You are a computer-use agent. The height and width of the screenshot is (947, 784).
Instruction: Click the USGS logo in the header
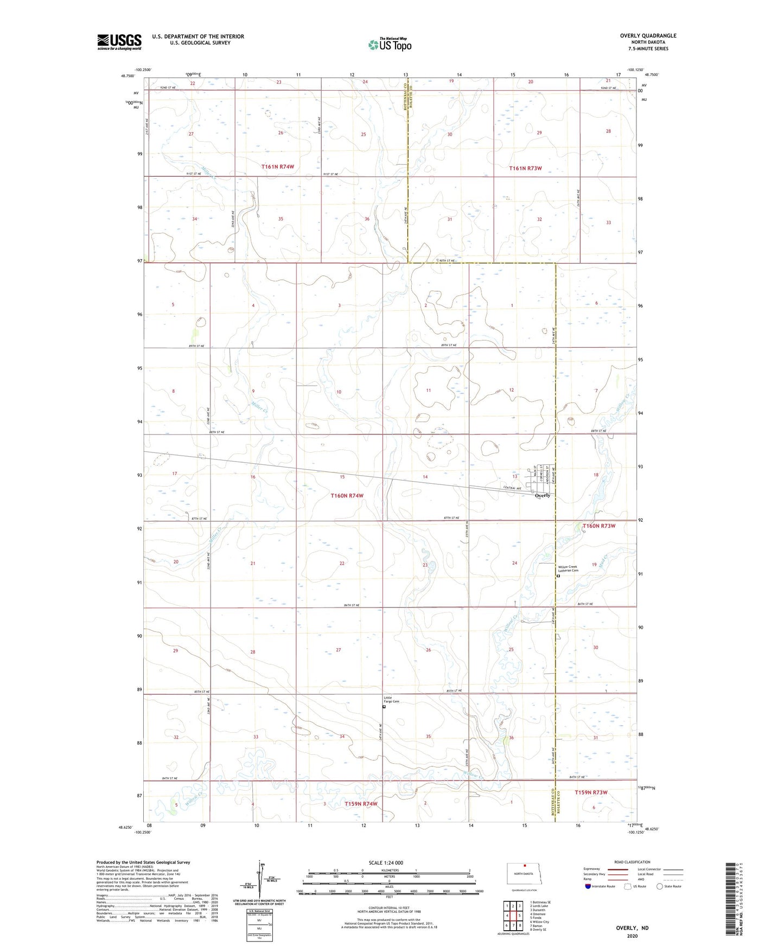(x=119, y=42)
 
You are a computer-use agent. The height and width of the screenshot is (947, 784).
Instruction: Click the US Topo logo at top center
(x=390, y=44)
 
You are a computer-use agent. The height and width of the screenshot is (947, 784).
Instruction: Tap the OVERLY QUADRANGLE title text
(x=648, y=36)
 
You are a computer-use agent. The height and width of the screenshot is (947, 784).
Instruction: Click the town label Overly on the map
(x=542, y=495)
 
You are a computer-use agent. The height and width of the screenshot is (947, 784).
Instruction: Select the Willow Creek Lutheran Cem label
(x=568, y=568)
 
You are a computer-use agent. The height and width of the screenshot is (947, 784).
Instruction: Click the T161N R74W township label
(x=277, y=167)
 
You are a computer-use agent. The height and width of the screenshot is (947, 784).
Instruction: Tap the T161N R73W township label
(x=525, y=168)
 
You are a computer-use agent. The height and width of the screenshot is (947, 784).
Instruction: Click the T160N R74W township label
(x=347, y=496)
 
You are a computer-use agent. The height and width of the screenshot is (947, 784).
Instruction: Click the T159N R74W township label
(x=360, y=804)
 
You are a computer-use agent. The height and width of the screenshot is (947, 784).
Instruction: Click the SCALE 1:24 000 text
(x=386, y=862)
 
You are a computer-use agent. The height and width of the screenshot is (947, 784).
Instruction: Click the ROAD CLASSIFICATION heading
(x=632, y=862)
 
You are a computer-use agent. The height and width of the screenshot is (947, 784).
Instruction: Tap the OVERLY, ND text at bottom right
(x=632, y=928)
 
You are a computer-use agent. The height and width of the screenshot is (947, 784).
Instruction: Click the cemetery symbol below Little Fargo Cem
(x=384, y=707)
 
